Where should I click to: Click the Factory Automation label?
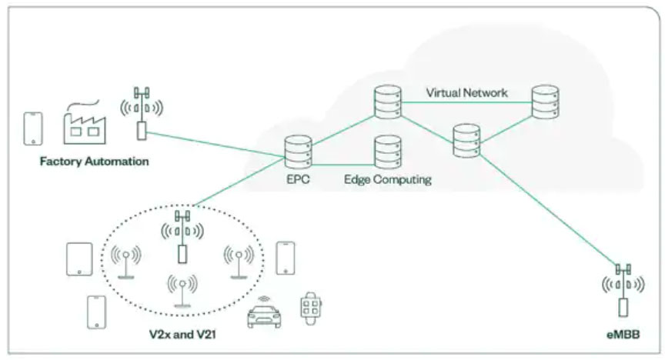pyautogui.click(x=95, y=162)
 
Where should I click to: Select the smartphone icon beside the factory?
pyautogui.click(x=33, y=128)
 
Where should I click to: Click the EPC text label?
pyautogui.click(x=297, y=180)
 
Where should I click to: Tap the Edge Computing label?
pyautogui.click(x=387, y=180)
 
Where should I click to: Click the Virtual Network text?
pyautogui.click(x=466, y=92)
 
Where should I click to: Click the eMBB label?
pyautogui.click(x=622, y=335)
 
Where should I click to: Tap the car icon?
pyautogui.click(x=264, y=314)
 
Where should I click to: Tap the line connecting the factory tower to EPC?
pyautogui.click(x=216, y=145)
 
